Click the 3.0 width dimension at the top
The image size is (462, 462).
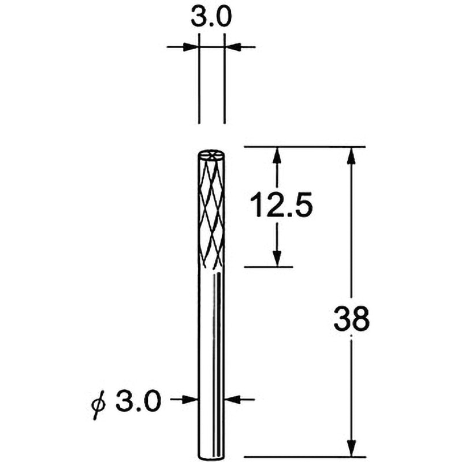pos(211,17)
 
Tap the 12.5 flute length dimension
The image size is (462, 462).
pos(281,204)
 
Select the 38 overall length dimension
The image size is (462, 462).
pos(351,318)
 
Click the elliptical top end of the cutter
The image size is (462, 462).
pos(212,154)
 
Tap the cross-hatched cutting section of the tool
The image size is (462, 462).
pos(211,211)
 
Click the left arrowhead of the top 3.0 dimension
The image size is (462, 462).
pos(191,47)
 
